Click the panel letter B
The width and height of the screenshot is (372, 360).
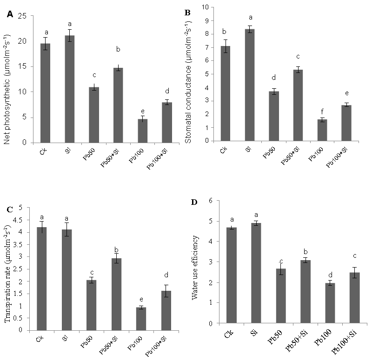tap(188, 13)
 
